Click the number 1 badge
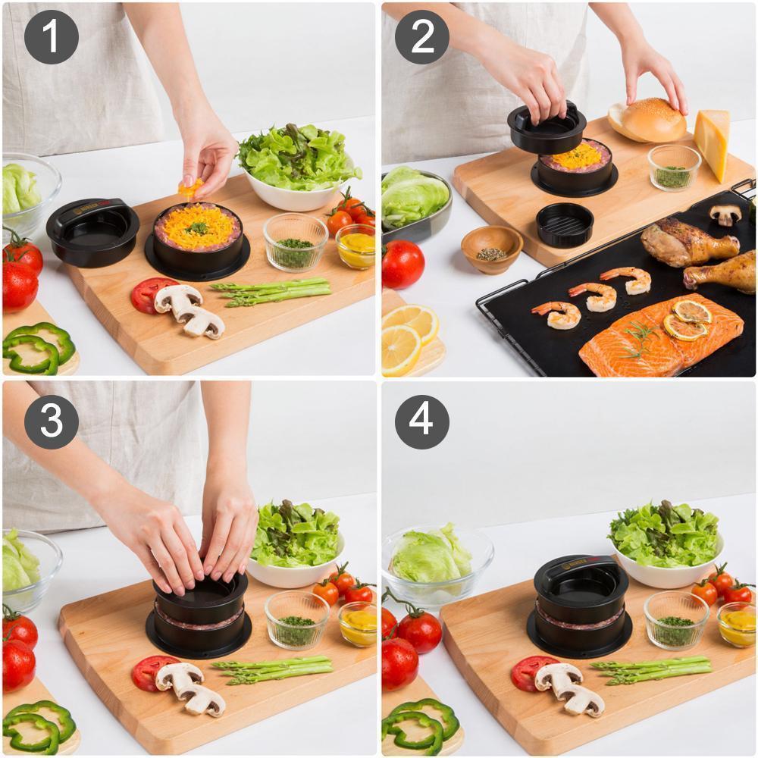point(52,37)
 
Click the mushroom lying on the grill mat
point(726,215)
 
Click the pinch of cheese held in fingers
point(189,186)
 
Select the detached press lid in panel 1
point(92,231)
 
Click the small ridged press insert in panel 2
point(565,224)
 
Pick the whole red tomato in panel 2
point(402,265)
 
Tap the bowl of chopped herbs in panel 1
point(296,243)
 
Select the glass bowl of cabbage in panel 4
point(434,565)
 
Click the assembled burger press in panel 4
point(581,606)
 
